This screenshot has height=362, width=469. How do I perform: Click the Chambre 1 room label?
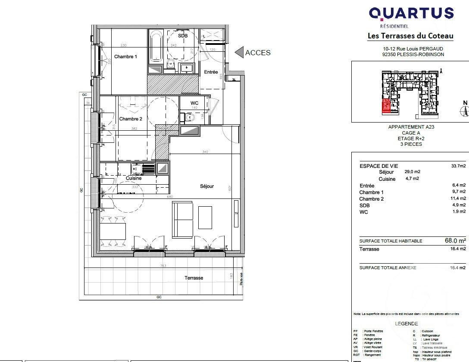125,57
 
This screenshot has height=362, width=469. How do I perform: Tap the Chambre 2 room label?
131,119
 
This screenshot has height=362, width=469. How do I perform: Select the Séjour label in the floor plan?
207,186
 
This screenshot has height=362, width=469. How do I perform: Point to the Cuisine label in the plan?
134,178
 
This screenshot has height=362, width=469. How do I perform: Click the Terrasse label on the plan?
194,278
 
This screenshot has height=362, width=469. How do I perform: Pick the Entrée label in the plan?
211,72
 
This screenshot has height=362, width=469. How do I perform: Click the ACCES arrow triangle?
239,53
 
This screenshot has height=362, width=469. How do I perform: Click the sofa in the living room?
183,220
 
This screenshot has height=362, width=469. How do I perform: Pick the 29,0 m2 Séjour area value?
412,172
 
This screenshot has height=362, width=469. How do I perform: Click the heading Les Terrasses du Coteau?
410,36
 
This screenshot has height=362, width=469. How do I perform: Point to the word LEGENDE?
406,324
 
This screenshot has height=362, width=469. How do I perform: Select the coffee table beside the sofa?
205,217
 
